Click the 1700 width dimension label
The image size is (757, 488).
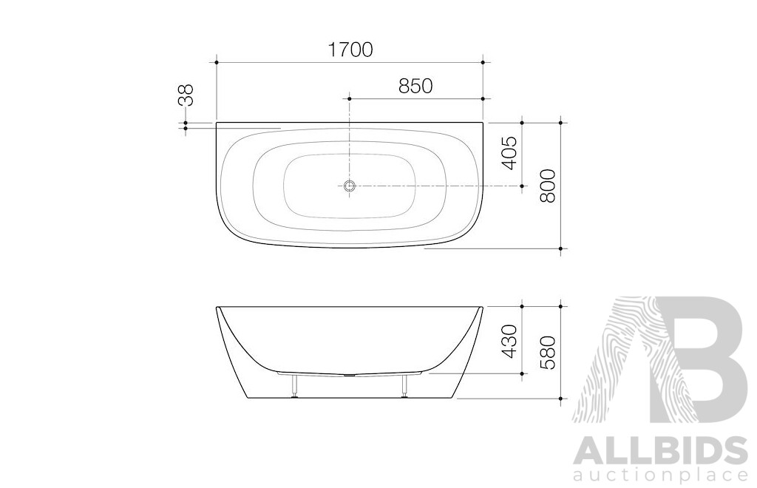pyautogui.click(x=350, y=50)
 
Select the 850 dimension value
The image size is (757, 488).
pyautogui.click(x=415, y=86)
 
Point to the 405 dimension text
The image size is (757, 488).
pyautogui.click(x=509, y=153)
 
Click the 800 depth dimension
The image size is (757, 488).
pyautogui.click(x=548, y=185)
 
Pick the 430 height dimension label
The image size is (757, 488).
pyautogui.click(x=509, y=339)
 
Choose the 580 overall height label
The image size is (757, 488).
pyautogui.click(x=548, y=351)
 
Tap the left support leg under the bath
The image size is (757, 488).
pyautogui.click(x=295, y=385)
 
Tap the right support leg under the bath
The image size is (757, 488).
pyautogui.click(x=404, y=385)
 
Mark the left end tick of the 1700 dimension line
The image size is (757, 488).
pyautogui.click(x=216, y=63)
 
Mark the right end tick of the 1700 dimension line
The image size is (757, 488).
pyautogui.click(x=483, y=63)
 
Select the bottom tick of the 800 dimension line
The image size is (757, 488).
pyautogui.click(x=561, y=248)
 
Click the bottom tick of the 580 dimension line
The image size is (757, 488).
pyautogui.click(x=561, y=399)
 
